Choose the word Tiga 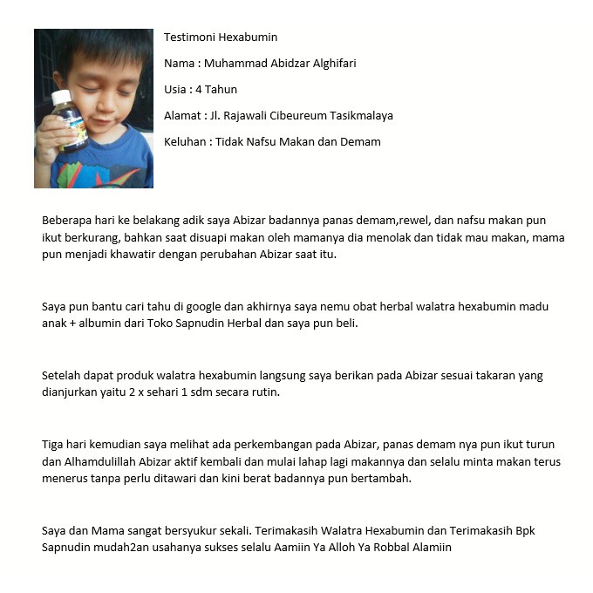tap(53, 445)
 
